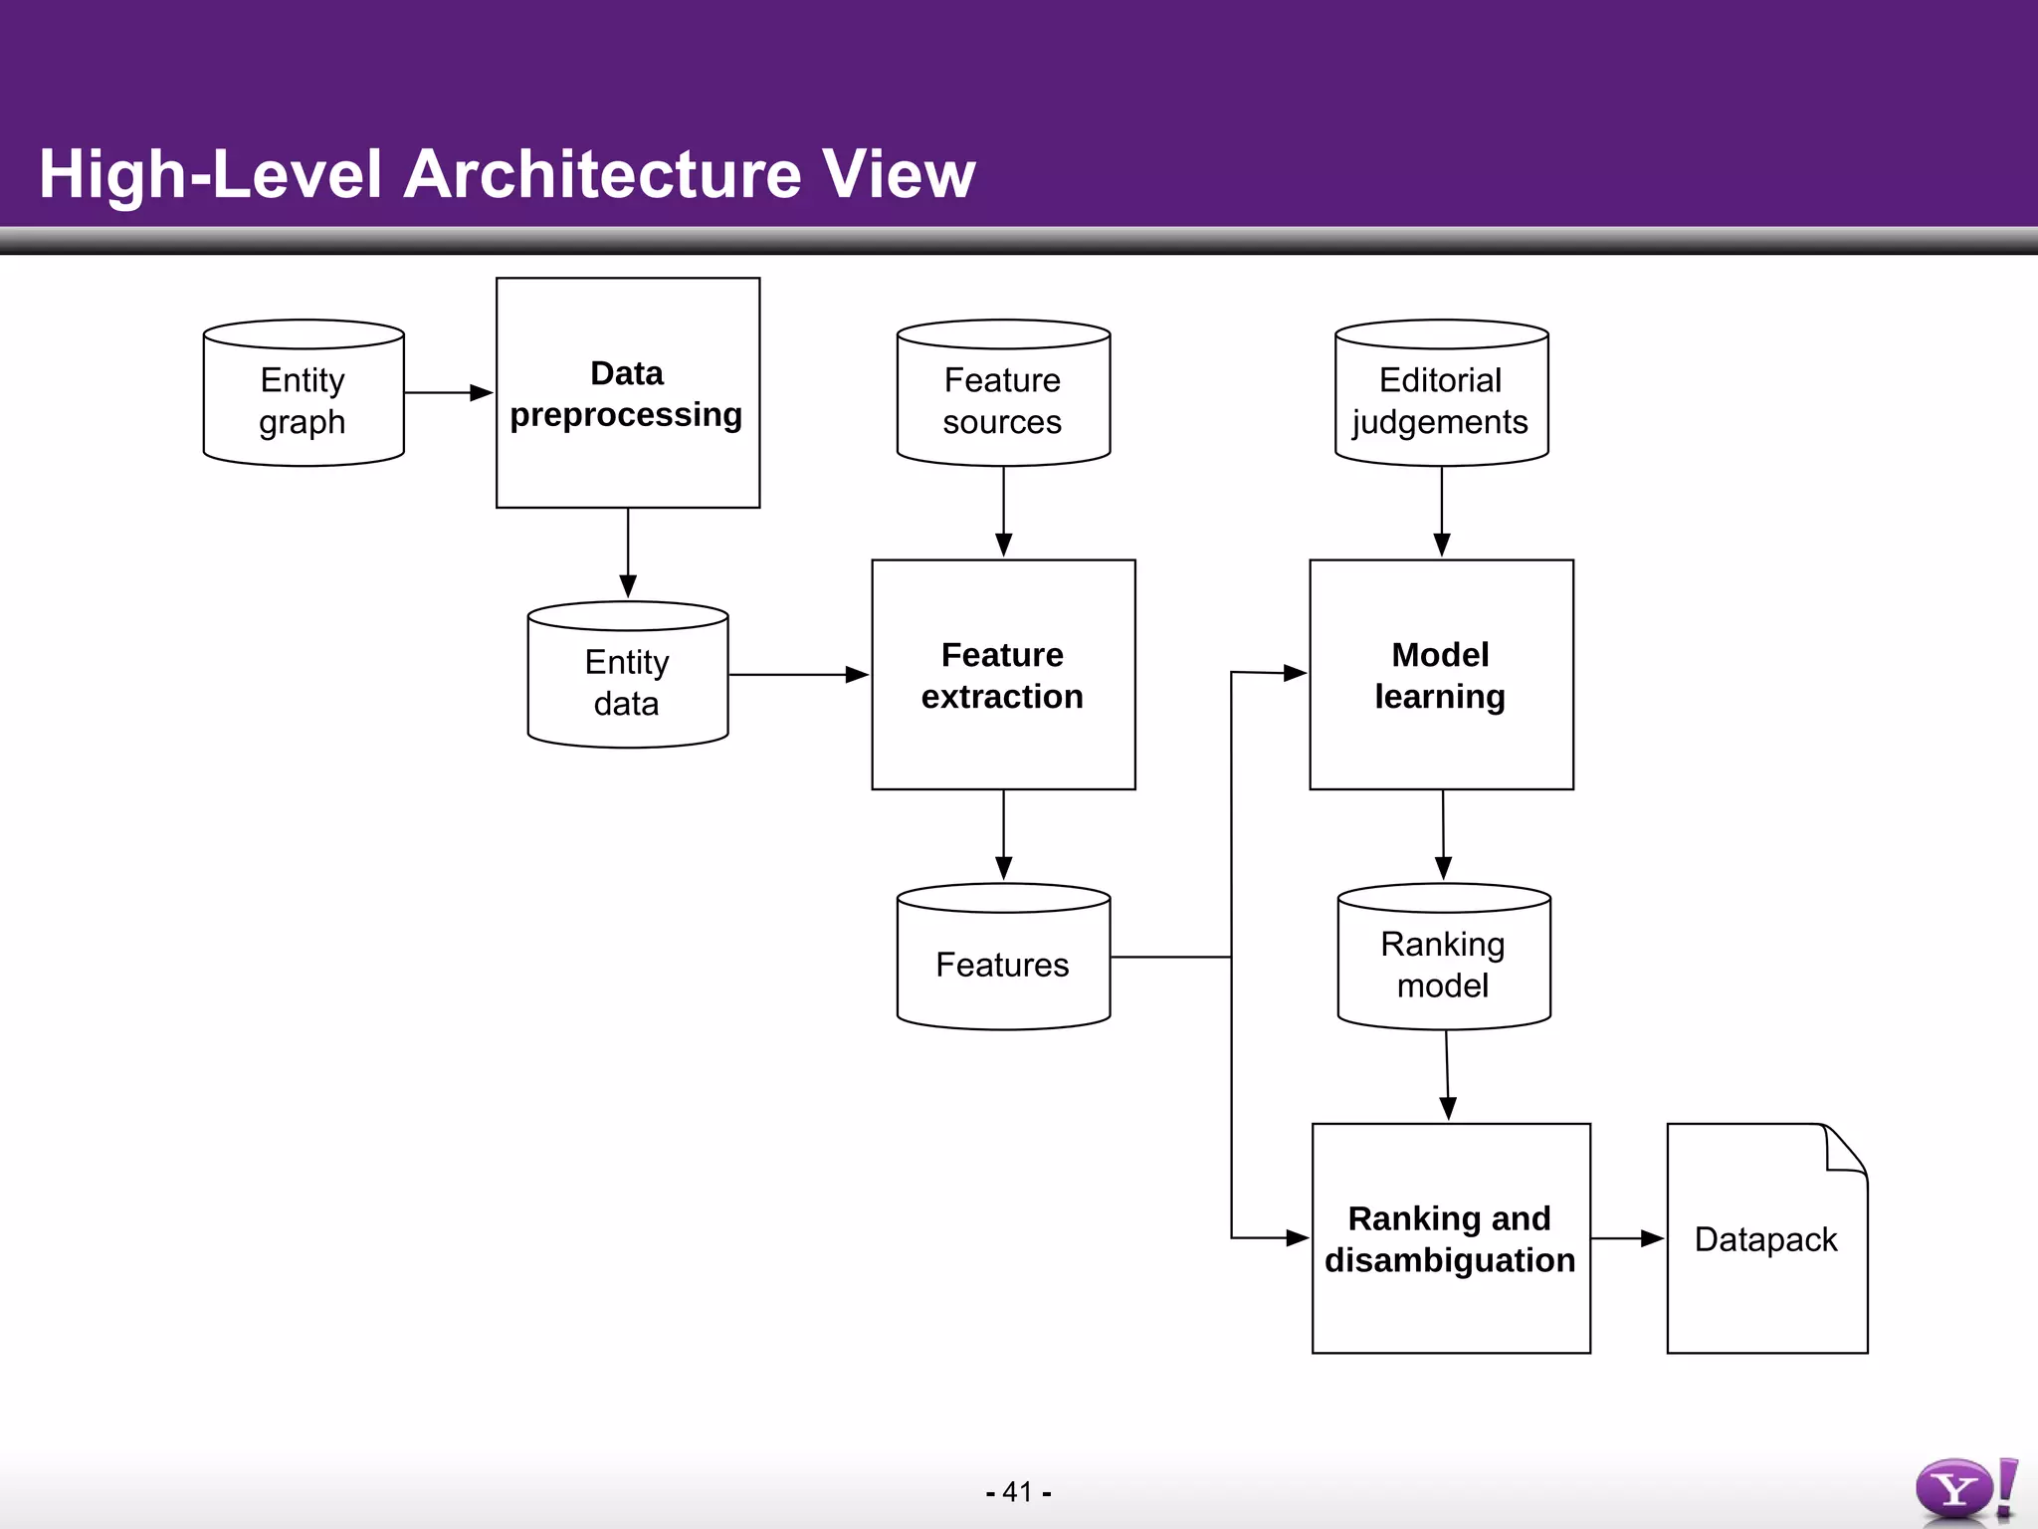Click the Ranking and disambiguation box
(1451, 1238)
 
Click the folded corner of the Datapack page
(1847, 1151)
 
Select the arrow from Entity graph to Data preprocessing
(448, 393)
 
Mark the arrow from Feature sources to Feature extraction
(1003, 512)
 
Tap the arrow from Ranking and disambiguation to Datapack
(1627, 1238)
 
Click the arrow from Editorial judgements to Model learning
(1441, 512)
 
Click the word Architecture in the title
(603, 174)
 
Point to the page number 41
(1018, 1492)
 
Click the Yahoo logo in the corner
(1965, 1490)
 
